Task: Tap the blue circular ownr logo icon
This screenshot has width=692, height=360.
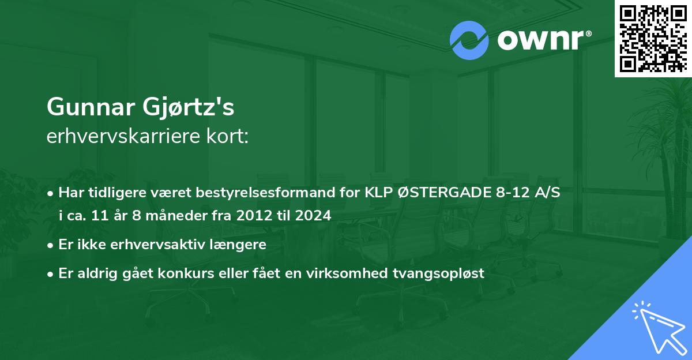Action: (x=469, y=40)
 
